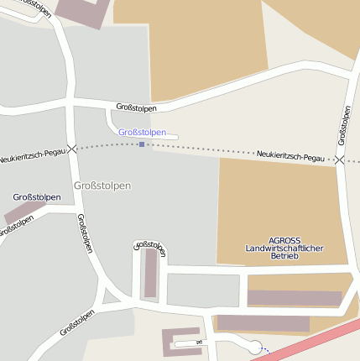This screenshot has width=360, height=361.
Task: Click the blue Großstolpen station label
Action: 142,133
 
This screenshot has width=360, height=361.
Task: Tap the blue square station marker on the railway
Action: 142,144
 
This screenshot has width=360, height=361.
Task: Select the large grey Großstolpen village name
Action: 102,186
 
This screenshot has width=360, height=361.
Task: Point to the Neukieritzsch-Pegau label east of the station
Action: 290,156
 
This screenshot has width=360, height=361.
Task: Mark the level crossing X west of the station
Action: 73,149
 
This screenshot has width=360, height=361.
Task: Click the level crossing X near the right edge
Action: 339,159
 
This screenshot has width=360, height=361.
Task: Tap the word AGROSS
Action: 284,240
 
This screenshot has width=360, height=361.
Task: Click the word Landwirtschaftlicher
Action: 284,249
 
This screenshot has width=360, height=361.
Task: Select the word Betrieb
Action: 284,257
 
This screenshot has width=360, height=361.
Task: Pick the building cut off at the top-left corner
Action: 81,9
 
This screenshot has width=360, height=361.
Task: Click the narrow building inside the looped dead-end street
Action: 150,273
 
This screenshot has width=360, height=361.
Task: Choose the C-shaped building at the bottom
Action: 180,340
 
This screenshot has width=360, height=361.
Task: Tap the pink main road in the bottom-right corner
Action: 319,341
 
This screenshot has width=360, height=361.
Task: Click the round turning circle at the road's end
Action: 255,346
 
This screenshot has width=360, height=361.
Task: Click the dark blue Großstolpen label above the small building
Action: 36,197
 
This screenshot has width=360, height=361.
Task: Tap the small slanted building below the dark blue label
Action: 24,211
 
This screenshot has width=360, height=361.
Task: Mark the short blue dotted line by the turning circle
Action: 264,350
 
